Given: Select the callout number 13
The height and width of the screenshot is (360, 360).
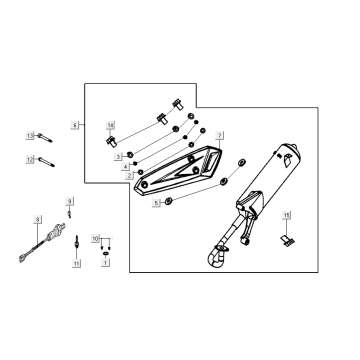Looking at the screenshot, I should [x=31, y=134].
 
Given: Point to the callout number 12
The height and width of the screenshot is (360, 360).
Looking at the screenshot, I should [x=31, y=158].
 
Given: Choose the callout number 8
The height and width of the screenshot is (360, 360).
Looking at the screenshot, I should [x=37, y=218].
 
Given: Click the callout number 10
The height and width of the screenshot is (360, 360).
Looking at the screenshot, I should [x=96, y=239].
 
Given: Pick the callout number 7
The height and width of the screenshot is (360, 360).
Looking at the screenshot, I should [x=220, y=134].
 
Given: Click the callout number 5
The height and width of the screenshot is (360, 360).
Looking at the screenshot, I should [x=155, y=202].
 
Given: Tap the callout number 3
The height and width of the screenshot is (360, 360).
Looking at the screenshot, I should [x=118, y=157].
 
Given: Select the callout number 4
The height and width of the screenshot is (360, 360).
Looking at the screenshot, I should [x=126, y=166].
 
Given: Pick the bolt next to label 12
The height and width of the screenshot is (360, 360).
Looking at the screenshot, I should [x=50, y=158].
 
